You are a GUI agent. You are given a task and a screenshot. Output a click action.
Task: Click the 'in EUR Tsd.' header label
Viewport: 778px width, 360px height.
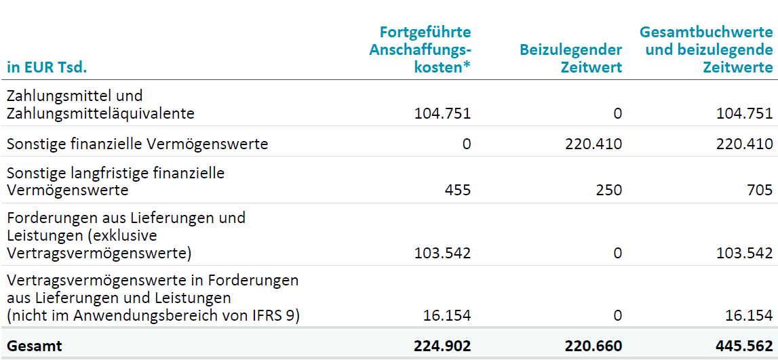pyautogui.click(x=47, y=67)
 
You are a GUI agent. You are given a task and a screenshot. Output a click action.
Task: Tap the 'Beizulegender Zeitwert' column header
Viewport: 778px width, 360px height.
pyautogui.click(x=570, y=58)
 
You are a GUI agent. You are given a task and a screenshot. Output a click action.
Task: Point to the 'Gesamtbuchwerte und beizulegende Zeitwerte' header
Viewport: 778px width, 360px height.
pyautogui.click(x=706, y=49)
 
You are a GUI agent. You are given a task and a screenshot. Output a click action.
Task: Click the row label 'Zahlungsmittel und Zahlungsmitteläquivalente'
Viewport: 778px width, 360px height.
pyautogui.click(x=100, y=105)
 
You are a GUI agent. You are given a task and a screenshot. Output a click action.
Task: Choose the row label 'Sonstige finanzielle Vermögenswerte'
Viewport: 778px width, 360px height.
pyautogui.click(x=137, y=144)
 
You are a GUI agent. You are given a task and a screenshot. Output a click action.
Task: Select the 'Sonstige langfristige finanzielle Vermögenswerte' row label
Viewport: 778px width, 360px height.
pyautogui.click(x=115, y=181)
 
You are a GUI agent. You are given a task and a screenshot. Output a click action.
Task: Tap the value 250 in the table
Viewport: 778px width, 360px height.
pyautogui.click(x=608, y=191)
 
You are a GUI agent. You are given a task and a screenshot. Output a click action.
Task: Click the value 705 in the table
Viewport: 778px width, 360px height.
pyautogui.click(x=760, y=191)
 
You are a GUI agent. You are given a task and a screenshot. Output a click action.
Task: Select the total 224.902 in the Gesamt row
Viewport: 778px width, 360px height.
pyautogui.click(x=442, y=346)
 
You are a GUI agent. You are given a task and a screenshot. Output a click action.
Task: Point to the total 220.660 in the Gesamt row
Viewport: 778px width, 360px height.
pyautogui.click(x=593, y=346)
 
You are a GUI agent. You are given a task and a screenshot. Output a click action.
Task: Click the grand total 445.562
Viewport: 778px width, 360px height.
pyautogui.click(x=744, y=346)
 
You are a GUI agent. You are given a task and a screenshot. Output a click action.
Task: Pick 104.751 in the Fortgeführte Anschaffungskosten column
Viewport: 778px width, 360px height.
pyautogui.click(x=442, y=113)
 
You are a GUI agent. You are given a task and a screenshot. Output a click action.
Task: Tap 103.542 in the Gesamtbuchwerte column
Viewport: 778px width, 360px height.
pyautogui.click(x=744, y=254)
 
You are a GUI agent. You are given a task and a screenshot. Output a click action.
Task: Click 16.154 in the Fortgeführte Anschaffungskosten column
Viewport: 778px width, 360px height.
pyautogui.click(x=446, y=315)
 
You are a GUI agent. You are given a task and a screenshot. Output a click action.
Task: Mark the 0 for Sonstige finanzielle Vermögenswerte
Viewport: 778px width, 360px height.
pyautogui.click(x=466, y=144)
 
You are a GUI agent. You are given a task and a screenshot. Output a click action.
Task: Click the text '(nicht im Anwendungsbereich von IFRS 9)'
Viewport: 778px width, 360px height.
pyautogui.click(x=153, y=315)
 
